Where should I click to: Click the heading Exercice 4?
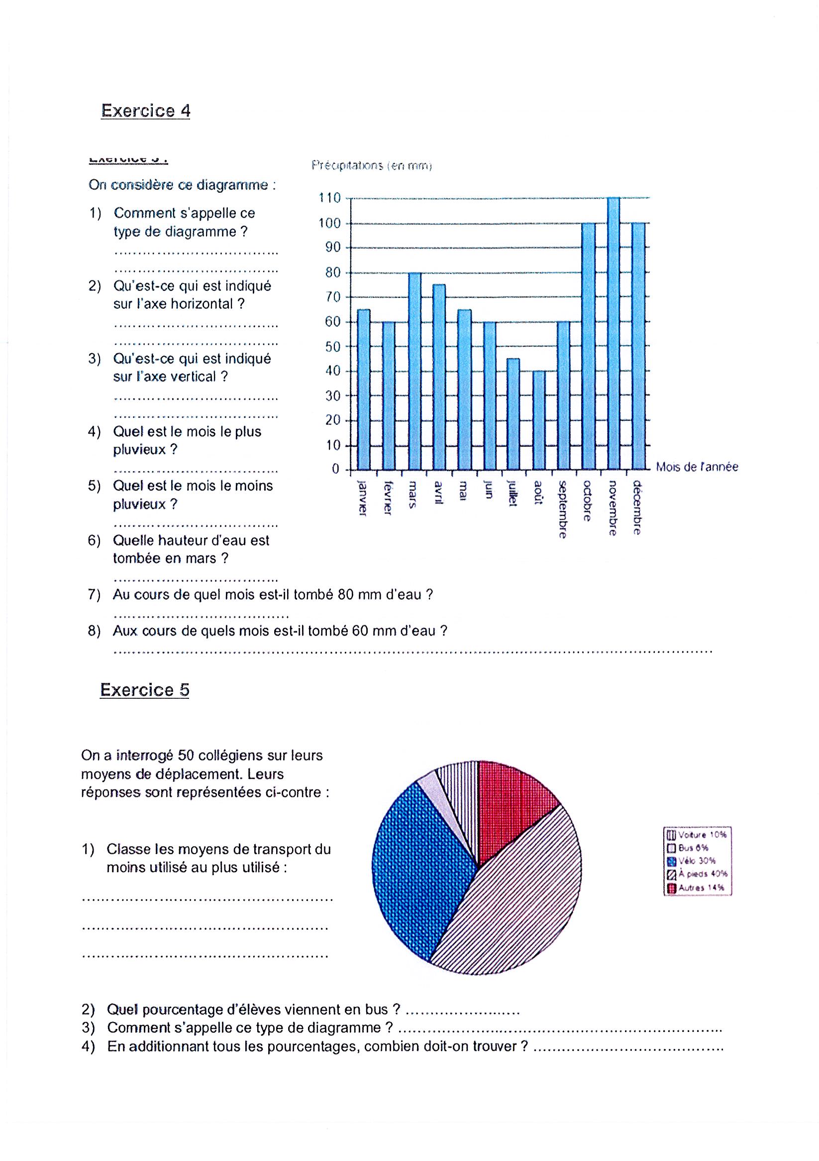[145, 111]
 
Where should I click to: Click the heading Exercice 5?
[144, 690]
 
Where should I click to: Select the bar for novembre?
[613, 334]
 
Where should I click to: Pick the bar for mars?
[414, 371]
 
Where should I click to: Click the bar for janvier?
[364, 389]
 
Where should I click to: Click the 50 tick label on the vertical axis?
[332, 347]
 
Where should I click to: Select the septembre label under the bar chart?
[562, 509]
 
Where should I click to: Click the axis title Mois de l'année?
[697, 467]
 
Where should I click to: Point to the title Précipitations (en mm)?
[371, 166]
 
